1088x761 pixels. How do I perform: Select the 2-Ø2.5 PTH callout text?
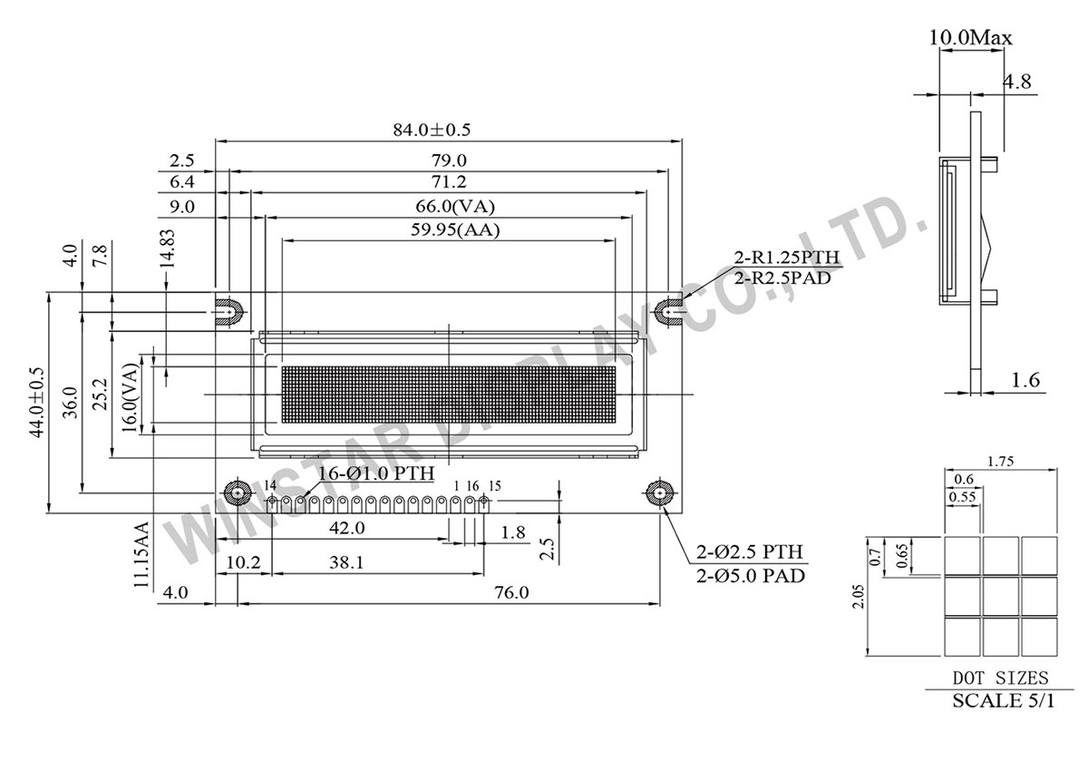(x=749, y=552)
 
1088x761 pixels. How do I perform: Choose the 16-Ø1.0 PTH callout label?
(x=375, y=473)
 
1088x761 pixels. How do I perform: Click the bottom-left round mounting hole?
(x=238, y=493)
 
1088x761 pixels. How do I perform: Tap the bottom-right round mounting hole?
(x=658, y=493)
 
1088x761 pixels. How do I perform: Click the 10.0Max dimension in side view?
(x=970, y=38)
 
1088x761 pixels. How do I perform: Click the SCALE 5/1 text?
(x=1003, y=701)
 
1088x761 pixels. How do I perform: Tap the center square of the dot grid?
(x=1002, y=595)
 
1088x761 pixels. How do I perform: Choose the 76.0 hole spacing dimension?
(x=511, y=593)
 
